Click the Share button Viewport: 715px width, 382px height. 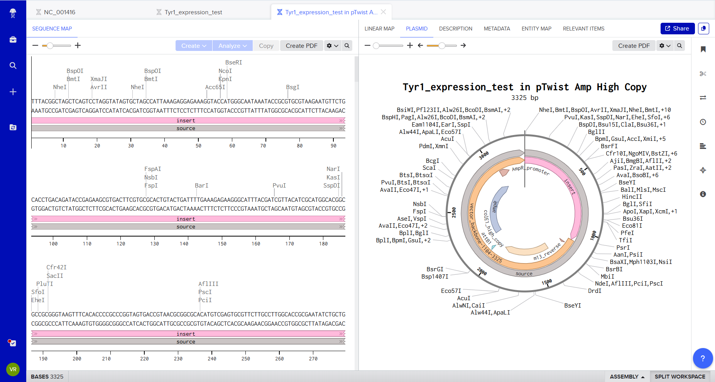677,29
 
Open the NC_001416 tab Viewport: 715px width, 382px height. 59,12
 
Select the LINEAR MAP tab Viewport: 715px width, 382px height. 379,29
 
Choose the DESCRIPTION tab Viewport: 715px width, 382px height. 455,29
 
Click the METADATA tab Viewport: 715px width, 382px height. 497,29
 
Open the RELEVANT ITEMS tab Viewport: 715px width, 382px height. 583,29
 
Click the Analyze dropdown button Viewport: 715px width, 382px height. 233,46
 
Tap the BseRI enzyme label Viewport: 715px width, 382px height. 233,63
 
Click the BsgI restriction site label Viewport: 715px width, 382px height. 292,87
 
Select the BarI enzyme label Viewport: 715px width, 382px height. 201,186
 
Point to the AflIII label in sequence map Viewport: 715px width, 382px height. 208,284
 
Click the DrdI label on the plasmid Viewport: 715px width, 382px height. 594,291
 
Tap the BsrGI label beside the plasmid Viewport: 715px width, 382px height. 435,269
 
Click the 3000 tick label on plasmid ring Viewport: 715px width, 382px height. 483,156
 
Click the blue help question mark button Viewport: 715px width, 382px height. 702,358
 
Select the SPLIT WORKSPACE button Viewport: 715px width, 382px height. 680,377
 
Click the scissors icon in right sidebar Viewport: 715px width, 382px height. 703,74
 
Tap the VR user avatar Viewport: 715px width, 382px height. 13,369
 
